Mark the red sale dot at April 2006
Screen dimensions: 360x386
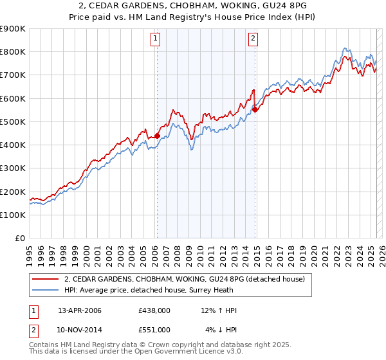pyautogui.click(x=157, y=136)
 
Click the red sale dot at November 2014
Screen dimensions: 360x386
pyautogui.click(x=255, y=109)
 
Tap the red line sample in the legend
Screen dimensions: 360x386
pyautogui.click(x=45, y=279)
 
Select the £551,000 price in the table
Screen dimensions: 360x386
pyautogui.click(x=154, y=329)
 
